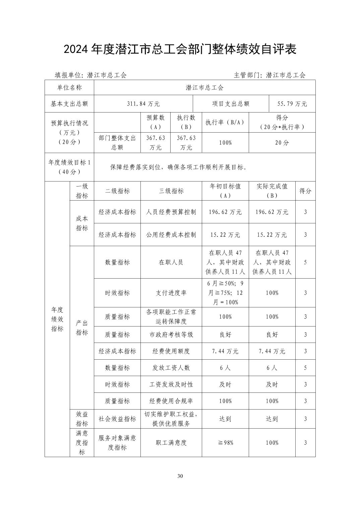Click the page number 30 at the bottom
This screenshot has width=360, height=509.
tap(180, 476)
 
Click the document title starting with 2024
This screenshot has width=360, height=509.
tap(180, 50)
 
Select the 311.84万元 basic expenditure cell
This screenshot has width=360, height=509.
tap(143, 104)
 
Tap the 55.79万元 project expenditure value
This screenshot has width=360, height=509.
tap(292, 104)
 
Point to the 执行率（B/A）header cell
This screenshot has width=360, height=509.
tap(225, 122)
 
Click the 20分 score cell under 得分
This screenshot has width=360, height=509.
tap(282, 143)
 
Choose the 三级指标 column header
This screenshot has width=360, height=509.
tap(171, 191)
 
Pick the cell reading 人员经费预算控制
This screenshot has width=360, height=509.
tap(171, 212)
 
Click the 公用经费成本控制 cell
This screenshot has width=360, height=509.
tap(171, 235)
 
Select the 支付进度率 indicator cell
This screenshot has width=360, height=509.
tap(171, 293)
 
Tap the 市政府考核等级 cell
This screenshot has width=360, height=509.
tap(171, 335)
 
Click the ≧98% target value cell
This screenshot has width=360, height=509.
tap(225, 443)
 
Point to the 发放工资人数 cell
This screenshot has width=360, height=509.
tap(171, 368)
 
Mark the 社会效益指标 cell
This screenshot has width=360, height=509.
tap(117, 419)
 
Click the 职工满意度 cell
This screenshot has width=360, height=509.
tap(171, 443)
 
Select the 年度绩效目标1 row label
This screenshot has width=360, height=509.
tap(69, 167)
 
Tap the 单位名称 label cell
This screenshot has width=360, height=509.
tap(69, 88)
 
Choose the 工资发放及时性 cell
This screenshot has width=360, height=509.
tap(171, 384)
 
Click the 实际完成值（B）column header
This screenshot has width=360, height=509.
tap(272, 191)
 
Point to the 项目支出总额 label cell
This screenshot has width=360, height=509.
tap(231, 104)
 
